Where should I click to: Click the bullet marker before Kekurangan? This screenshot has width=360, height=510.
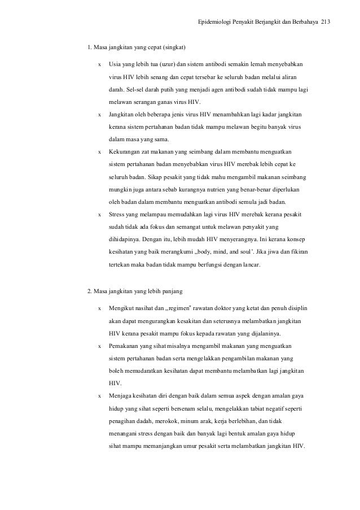tap(100, 151)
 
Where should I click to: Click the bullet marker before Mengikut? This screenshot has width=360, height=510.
tap(100, 309)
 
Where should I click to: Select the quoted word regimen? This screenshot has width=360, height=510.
tap(184, 309)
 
